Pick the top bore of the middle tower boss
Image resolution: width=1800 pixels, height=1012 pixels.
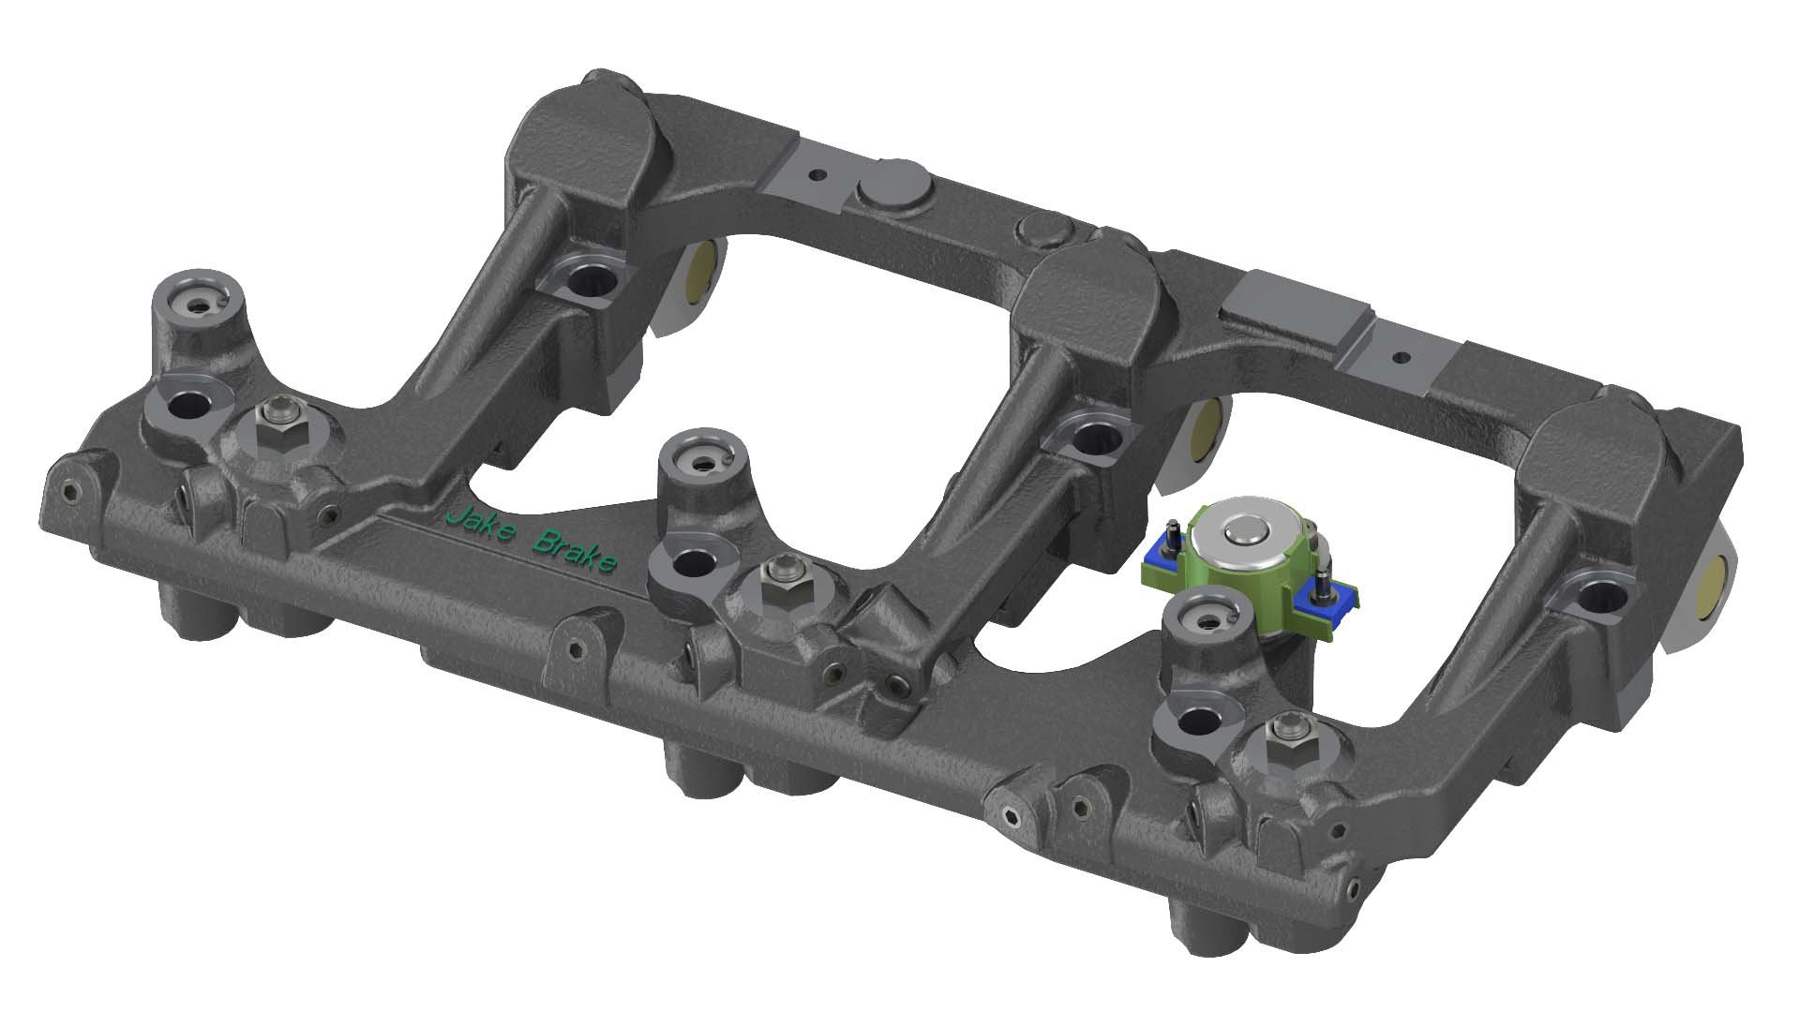pos(703,461)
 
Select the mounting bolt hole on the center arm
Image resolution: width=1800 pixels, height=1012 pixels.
pos(1091,437)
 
